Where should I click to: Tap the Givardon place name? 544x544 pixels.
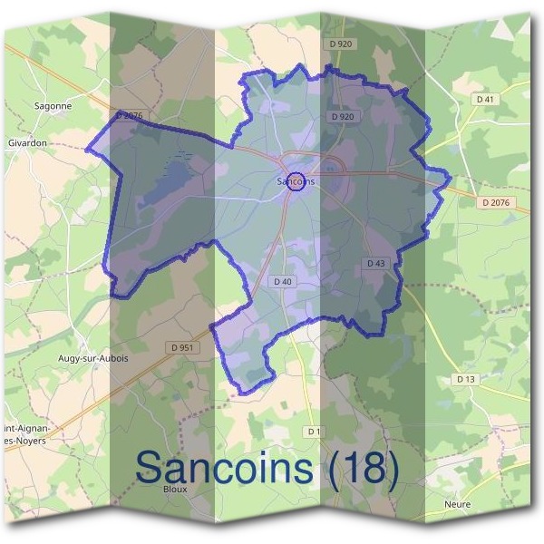[27, 143]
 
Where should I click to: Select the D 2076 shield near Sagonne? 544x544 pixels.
[130, 115]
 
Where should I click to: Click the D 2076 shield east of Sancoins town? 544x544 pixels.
[496, 203]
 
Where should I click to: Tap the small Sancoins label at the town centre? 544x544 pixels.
[296, 181]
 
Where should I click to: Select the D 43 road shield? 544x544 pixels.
[376, 263]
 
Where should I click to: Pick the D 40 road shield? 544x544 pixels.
[282, 282]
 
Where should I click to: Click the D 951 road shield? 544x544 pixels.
[181, 347]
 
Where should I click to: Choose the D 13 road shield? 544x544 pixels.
[466, 378]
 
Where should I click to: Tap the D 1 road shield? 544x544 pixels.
[314, 431]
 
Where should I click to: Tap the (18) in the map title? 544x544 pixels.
[360, 467]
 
